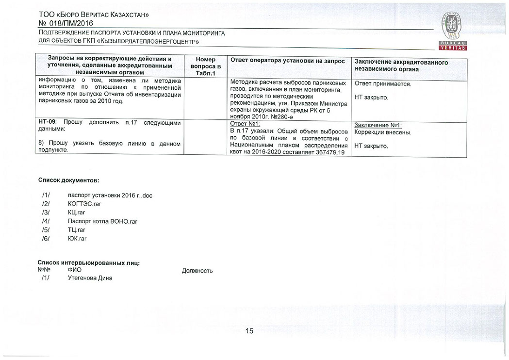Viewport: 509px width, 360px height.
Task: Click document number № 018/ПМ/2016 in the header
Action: pos(66,23)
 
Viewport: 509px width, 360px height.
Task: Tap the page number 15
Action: pos(249,331)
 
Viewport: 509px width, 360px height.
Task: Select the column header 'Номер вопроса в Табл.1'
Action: pos(206,66)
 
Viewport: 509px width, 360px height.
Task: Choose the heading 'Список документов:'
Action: pos(68,180)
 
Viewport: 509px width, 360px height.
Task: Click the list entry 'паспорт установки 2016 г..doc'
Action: pos(110,196)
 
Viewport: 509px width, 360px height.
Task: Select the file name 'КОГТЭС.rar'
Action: pos(85,204)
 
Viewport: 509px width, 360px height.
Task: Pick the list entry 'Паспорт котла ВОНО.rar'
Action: pos(103,221)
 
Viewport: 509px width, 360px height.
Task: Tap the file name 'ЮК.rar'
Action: pos(78,238)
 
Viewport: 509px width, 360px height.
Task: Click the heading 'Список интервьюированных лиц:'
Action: pos(89,262)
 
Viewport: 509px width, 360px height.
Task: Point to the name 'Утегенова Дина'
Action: pos(90,278)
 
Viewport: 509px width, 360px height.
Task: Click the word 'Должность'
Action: pos(197,270)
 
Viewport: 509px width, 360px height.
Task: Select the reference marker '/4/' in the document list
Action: pos(46,221)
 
